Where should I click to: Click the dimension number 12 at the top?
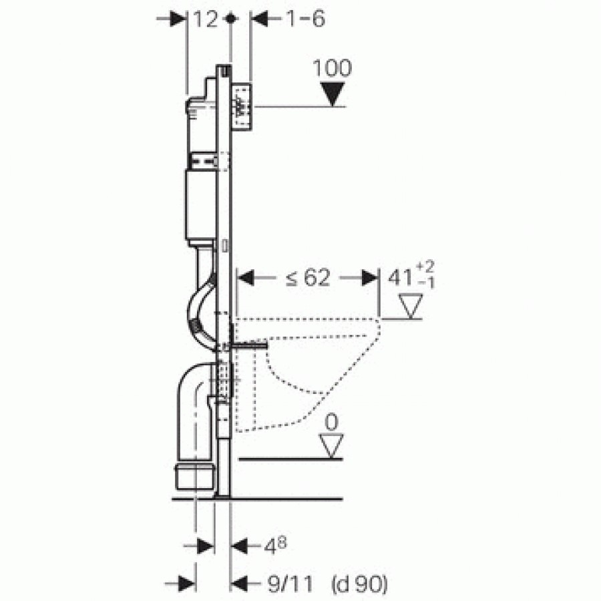(206, 19)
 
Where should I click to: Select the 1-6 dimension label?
(305, 19)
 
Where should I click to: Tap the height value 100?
(333, 68)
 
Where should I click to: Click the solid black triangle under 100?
(333, 94)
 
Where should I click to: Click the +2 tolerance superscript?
(425, 266)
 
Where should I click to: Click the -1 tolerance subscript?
(426, 283)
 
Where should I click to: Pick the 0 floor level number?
(331, 422)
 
